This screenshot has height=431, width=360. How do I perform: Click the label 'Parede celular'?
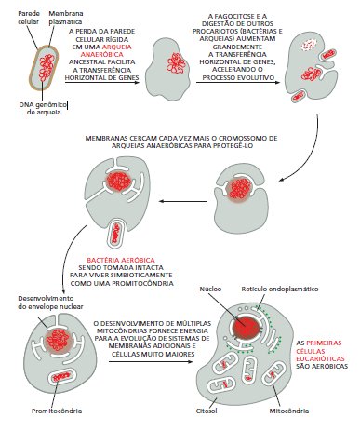29,18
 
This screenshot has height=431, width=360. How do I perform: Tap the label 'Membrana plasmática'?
66,18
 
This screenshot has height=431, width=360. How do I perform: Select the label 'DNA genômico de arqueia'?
43,109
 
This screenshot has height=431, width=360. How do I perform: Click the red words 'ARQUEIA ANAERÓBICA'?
106,50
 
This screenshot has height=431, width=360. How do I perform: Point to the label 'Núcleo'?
210,290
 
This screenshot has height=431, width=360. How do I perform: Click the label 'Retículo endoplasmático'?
280,290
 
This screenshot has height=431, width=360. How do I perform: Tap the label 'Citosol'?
207,411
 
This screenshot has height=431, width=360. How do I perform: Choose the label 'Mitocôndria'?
289,411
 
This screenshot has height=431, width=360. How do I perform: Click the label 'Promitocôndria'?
57,411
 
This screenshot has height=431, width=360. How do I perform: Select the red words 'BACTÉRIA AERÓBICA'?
121,260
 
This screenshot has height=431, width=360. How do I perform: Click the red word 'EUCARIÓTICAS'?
320,359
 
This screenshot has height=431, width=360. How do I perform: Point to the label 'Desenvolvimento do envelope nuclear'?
50,303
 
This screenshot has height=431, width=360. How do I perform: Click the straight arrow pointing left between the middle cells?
183,201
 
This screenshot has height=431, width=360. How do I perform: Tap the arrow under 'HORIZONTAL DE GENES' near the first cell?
102,83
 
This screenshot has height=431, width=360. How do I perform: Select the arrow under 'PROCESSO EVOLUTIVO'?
238,82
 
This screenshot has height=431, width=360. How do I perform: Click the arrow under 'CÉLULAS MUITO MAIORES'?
151,361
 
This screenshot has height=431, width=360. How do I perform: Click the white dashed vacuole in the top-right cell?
309,46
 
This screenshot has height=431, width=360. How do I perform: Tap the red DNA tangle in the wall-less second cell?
176,63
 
